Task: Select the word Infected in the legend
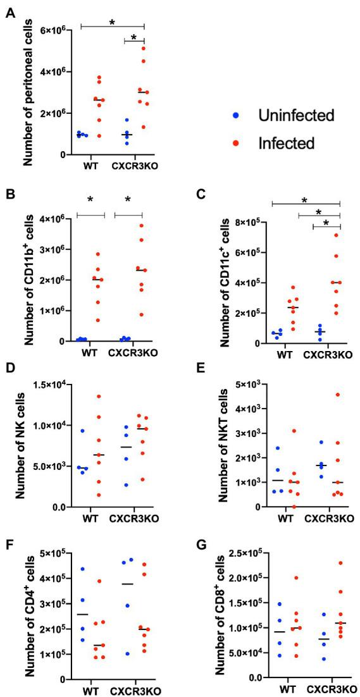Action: click(x=285, y=144)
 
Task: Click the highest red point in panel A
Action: click(x=144, y=48)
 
